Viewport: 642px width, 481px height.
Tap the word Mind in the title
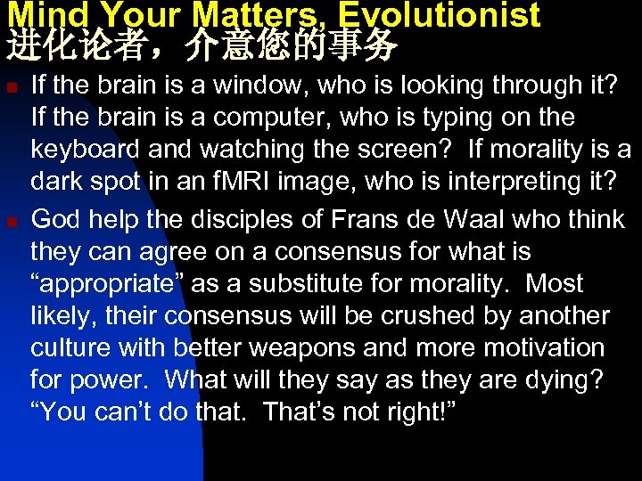tap(38, 14)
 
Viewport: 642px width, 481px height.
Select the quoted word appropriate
tap(98, 284)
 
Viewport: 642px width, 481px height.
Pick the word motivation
tap(546, 348)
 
